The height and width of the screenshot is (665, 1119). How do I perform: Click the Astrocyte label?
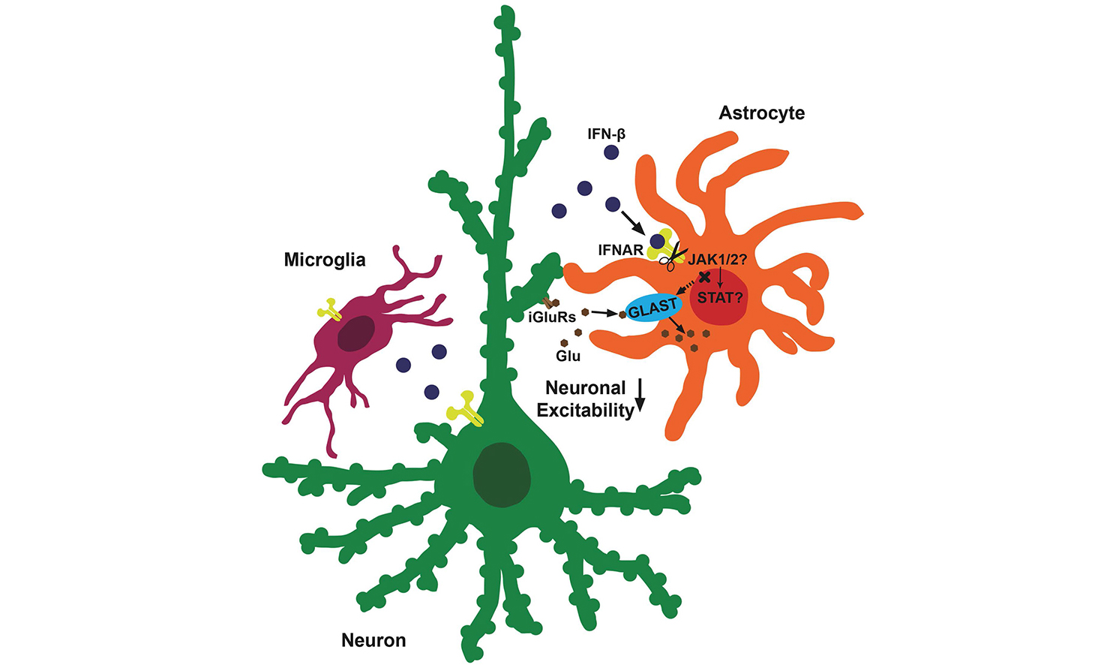click(x=761, y=113)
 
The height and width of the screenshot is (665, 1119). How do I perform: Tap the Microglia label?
click(x=325, y=260)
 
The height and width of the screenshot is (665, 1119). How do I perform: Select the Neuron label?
click(x=373, y=640)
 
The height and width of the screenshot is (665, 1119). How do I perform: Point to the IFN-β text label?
click(x=607, y=134)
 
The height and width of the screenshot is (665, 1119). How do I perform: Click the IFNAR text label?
click(x=620, y=250)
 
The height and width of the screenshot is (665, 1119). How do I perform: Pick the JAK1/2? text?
click(x=717, y=260)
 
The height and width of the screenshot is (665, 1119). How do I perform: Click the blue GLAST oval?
click(x=652, y=308)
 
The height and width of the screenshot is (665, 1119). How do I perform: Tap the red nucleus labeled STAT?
click(x=718, y=298)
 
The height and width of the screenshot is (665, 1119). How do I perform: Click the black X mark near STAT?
click(x=704, y=276)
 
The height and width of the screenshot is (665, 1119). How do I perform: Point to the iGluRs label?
click(x=552, y=317)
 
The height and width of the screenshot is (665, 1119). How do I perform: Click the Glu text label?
click(x=568, y=356)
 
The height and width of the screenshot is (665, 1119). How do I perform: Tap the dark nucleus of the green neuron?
click(x=501, y=474)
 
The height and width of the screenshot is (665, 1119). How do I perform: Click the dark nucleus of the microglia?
click(x=355, y=333)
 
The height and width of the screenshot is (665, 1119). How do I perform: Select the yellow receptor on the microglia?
click(x=329, y=309)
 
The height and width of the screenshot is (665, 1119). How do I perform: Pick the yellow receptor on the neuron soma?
click(x=466, y=408)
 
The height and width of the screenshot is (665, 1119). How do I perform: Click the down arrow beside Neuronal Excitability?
click(x=640, y=396)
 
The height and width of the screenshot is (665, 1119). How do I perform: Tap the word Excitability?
click(x=585, y=410)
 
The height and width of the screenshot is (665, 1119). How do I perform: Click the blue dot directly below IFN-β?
click(x=611, y=152)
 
